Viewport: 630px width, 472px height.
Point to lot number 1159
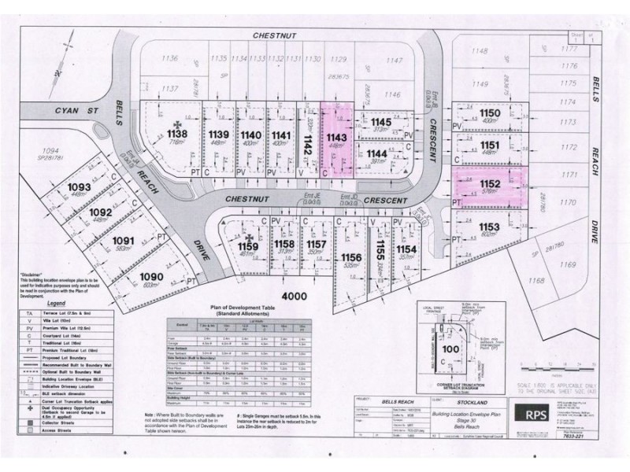coord(249,245)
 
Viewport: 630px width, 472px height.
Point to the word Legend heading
coord(56,303)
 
